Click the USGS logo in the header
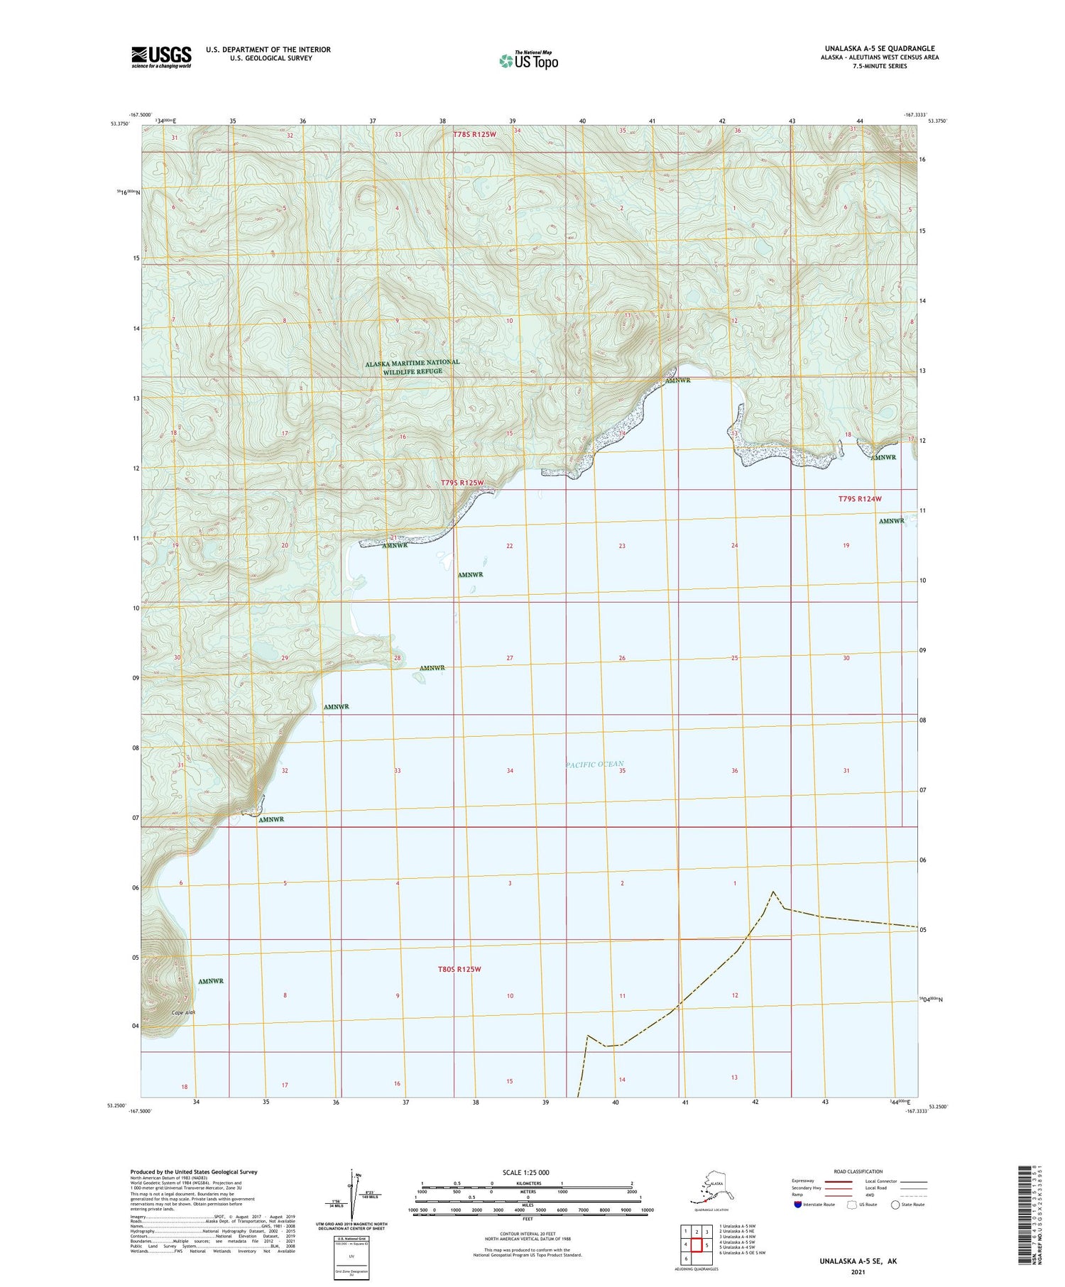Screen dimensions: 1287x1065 (x=161, y=57)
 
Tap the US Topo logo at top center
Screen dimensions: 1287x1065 (x=528, y=60)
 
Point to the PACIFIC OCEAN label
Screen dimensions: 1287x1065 (x=595, y=765)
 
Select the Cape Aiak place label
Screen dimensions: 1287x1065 (x=181, y=1012)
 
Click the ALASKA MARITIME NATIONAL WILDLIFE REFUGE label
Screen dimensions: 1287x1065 (x=413, y=366)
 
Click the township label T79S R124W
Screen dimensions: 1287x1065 (x=860, y=499)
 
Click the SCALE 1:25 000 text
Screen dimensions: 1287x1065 (x=526, y=1172)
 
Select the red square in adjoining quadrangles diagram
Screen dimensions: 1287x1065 (x=697, y=1245)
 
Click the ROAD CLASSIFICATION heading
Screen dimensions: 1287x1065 (x=858, y=1171)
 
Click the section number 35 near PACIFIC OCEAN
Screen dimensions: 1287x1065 (x=622, y=770)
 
